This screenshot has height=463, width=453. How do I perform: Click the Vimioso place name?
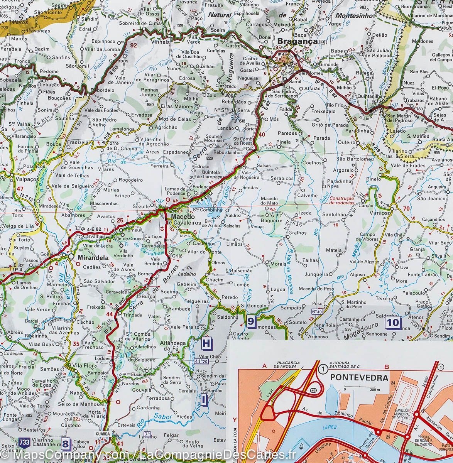click(391, 213)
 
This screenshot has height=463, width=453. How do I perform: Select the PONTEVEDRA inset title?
click(359, 377)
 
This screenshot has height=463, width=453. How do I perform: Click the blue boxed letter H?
click(207, 343)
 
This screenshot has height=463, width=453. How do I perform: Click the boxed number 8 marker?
click(66, 444)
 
